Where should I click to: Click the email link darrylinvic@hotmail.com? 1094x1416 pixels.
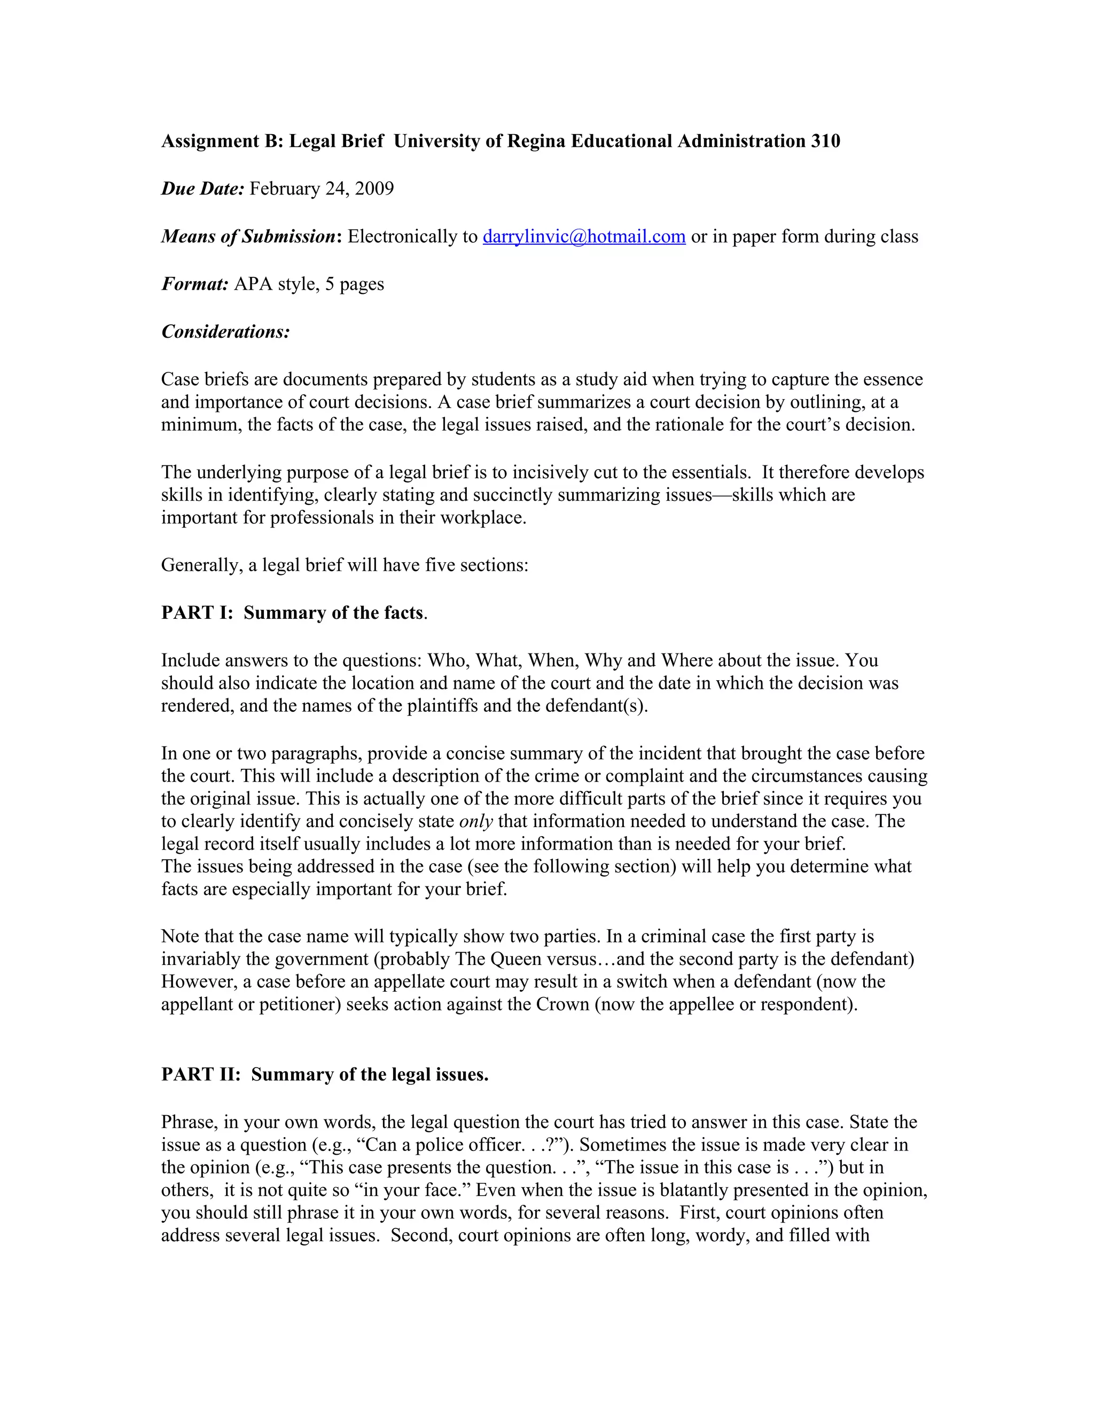pos(584,237)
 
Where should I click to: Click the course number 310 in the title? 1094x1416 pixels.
pos(825,142)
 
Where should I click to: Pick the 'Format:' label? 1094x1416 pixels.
pos(194,284)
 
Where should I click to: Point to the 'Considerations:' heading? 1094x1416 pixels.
pos(225,332)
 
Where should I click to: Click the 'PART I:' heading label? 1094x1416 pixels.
pos(197,613)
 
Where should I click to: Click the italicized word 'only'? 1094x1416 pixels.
pos(476,821)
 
